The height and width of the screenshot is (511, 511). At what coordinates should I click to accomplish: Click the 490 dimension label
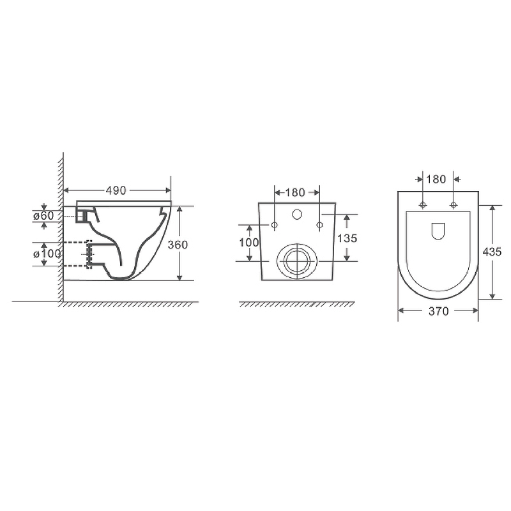tap(116, 190)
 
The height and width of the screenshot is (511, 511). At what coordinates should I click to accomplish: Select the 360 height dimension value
tap(178, 245)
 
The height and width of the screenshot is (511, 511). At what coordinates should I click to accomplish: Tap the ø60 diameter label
tap(43, 216)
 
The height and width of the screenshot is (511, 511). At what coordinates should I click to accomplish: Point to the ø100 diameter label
tap(47, 254)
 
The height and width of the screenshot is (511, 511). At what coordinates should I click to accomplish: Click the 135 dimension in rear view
tap(347, 238)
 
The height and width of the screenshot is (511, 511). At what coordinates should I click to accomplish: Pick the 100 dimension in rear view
tap(249, 243)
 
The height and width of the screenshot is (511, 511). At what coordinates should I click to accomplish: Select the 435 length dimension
tap(492, 252)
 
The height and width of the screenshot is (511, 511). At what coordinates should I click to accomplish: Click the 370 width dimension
tap(439, 312)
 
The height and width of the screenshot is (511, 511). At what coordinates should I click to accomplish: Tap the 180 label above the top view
tap(436, 179)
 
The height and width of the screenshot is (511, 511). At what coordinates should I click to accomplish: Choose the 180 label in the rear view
tap(295, 193)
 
